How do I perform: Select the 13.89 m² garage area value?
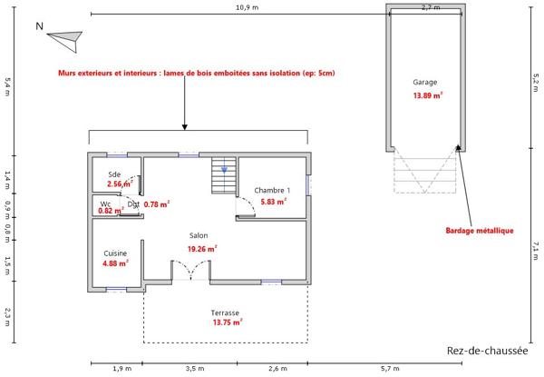click(427, 95)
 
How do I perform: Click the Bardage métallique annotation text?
click(480, 230)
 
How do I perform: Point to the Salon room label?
click(199, 235)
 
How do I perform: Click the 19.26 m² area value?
click(200, 248)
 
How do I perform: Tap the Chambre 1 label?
click(272, 190)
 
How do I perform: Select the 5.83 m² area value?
click(273, 202)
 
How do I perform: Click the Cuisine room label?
click(115, 253)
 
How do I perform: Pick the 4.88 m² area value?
click(115, 264)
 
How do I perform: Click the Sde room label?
click(114, 174)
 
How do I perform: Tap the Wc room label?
click(105, 203)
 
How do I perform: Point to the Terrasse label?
click(225, 311)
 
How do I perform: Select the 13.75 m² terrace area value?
click(227, 322)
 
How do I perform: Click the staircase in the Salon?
click(224, 176)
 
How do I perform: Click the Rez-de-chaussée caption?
click(487, 352)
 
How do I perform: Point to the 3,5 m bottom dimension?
click(194, 369)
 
